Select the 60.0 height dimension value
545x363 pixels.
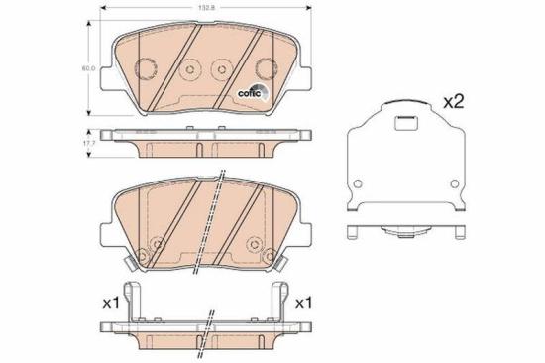coord(86,68)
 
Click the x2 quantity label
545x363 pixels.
coord(453,102)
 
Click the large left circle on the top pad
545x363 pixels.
coord(144,68)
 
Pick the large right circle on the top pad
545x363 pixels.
coord(265,68)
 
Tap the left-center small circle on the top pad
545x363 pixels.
coord(189,68)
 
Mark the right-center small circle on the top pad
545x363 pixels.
coord(220,68)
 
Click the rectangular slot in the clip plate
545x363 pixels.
coord(404,125)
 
